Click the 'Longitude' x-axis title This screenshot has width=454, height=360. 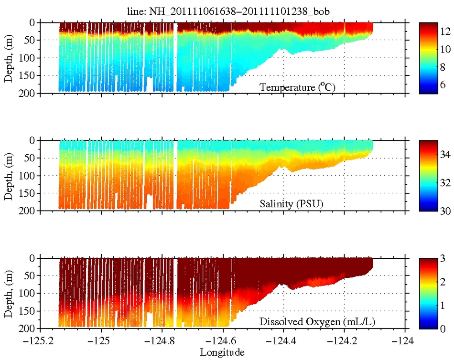click(x=223, y=353)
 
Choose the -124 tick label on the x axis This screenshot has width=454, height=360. click(x=405, y=342)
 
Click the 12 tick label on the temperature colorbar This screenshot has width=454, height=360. click(x=445, y=31)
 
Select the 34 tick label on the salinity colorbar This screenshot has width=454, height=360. click(x=445, y=156)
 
